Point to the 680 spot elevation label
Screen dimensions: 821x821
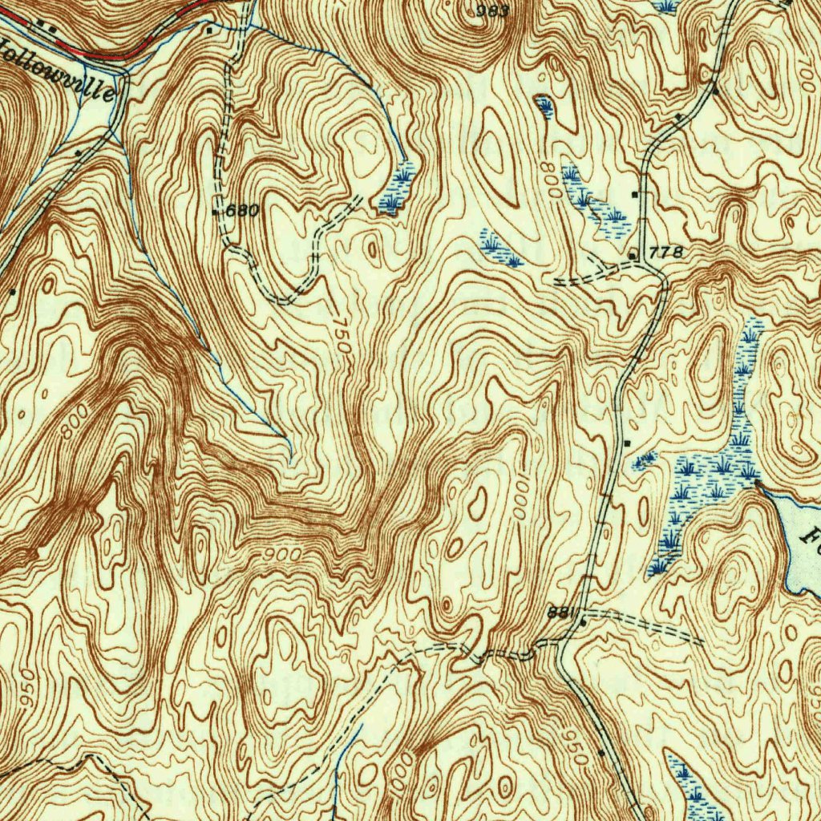click(242, 212)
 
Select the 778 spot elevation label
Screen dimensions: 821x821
click(667, 253)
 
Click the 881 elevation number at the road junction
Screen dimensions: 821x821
click(561, 612)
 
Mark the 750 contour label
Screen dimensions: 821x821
click(342, 338)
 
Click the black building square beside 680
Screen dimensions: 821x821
click(215, 212)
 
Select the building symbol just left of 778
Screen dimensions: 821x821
click(633, 255)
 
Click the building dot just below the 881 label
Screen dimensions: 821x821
click(583, 622)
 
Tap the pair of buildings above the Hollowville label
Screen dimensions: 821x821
click(48, 29)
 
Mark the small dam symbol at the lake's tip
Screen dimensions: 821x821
click(757, 483)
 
